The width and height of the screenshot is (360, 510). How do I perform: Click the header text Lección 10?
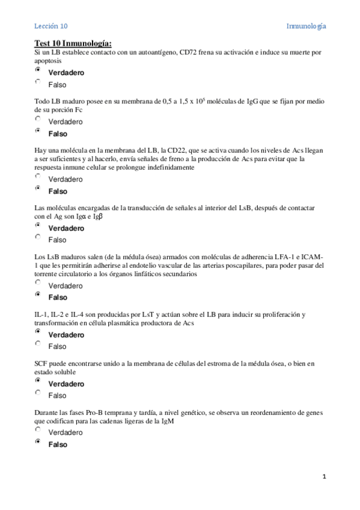(x=50, y=26)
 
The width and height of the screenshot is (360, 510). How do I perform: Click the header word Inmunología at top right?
(x=306, y=26)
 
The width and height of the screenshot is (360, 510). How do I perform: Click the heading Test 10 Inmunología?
(x=73, y=43)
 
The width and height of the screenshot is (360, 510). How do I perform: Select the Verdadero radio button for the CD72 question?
(x=38, y=70)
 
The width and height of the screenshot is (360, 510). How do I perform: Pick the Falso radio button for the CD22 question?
(x=38, y=189)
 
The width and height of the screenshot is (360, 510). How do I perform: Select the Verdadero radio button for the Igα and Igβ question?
(x=38, y=226)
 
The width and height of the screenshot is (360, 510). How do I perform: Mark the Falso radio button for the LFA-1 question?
(x=38, y=295)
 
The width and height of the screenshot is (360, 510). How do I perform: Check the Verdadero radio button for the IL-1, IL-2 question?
(x=38, y=332)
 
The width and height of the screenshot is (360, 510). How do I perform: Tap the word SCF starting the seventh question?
(x=42, y=364)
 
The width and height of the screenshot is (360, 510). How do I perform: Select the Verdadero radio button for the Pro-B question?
(x=38, y=431)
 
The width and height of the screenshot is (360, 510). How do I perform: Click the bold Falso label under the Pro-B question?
(x=58, y=444)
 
